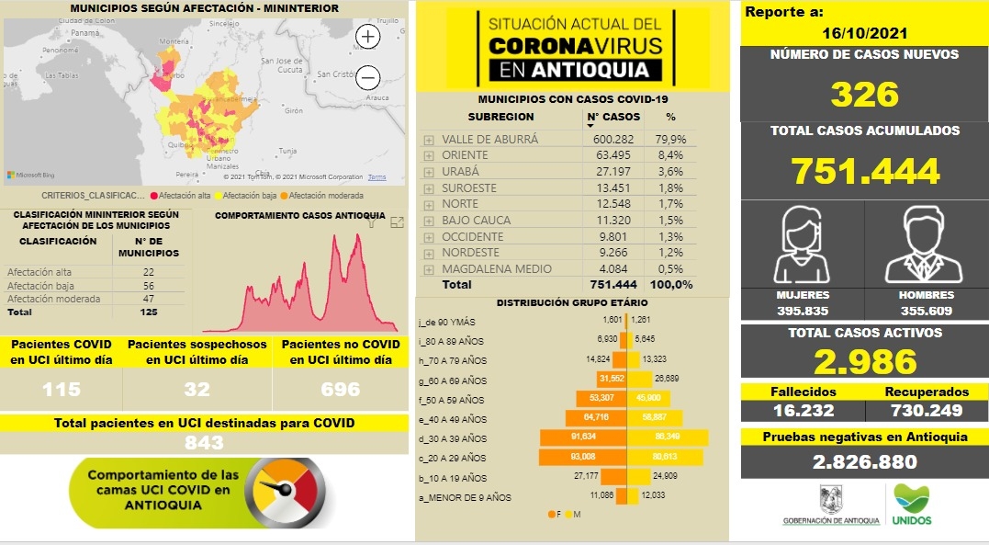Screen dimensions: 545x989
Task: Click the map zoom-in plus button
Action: click(368, 37)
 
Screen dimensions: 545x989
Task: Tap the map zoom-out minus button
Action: click(368, 77)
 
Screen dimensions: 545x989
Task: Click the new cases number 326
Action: click(864, 94)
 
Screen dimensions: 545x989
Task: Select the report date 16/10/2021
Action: click(865, 33)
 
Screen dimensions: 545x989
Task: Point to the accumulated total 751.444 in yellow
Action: click(864, 170)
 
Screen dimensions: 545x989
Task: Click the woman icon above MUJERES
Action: click(803, 246)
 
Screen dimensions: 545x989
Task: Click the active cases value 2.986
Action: click(864, 361)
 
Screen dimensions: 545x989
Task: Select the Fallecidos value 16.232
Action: click(802, 409)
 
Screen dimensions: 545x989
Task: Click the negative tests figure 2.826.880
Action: click(864, 461)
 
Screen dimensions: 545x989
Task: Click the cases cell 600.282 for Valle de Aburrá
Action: click(614, 139)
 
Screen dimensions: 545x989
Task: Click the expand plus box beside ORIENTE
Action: click(429, 155)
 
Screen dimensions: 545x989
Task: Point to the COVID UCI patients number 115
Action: click(61, 390)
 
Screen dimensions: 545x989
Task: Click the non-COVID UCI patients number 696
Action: click(340, 390)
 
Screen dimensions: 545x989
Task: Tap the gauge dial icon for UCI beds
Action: click(288, 493)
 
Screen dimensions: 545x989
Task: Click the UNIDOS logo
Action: click(911, 505)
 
